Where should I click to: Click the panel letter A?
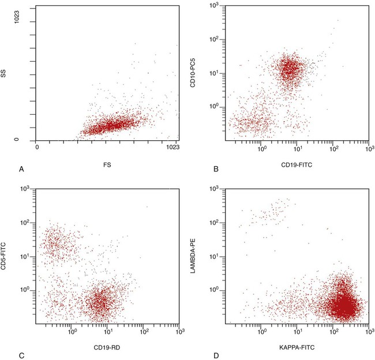click(x=21, y=169)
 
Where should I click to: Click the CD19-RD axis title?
click(x=106, y=348)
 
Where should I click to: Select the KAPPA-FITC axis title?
click(x=296, y=348)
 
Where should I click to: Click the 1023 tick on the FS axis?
click(x=172, y=148)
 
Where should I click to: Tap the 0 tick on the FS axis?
click(x=37, y=148)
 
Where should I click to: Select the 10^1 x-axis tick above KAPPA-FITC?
click(x=297, y=332)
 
